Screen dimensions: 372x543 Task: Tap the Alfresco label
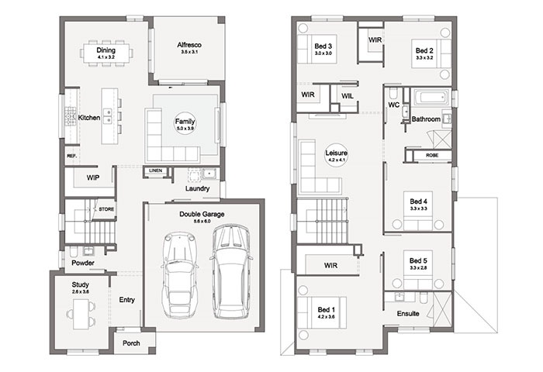pos(185,48)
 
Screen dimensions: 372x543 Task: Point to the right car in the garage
pos(231,271)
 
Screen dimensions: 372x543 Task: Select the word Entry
pos(127,299)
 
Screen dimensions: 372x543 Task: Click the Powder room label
pos(83,263)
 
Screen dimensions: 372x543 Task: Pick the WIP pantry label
pos(92,178)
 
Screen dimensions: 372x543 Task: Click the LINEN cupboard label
pos(155,170)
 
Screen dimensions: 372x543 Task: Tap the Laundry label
pos(197,188)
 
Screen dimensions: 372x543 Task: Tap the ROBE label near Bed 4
pos(432,156)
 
